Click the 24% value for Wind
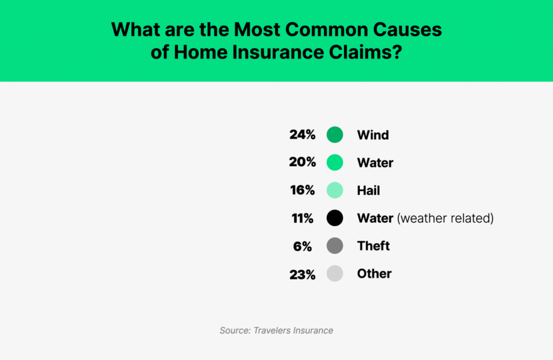(302, 135)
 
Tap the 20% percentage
(302, 163)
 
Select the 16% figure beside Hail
(302, 190)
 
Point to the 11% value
(303, 218)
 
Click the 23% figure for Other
(302, 274)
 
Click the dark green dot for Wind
(335, 135)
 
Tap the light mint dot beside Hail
(335, 190)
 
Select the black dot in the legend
(335, 218)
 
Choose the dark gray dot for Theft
(335, 246)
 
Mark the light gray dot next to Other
(335, 273)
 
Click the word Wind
(372, 135)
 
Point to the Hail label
(368, 190)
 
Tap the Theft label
(373, 246)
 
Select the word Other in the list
(374, 273)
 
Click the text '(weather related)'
(445, 218)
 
